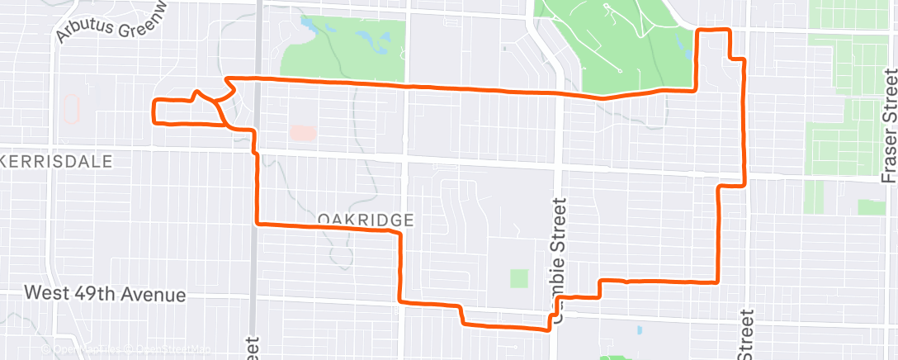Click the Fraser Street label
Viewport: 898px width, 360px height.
(x=889, y=124)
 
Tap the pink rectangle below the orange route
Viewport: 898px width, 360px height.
(x=302, y=132)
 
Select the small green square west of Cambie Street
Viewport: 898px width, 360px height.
(x=518, y=278)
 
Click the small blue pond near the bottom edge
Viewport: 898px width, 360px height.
(x=640, y=330)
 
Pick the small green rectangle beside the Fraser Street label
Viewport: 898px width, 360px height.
(x=871, y=207)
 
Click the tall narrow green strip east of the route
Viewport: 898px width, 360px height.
(x=814, y=195)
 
